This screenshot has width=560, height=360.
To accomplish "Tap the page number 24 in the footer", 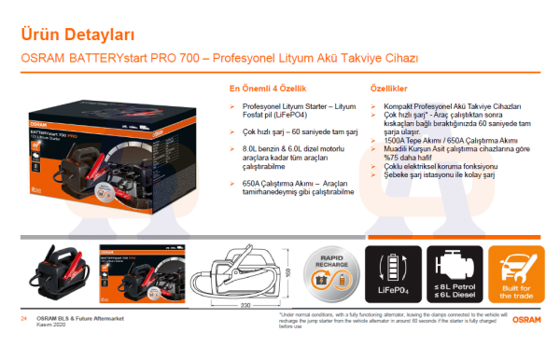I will pyautogui.click(x=22, y=319).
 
